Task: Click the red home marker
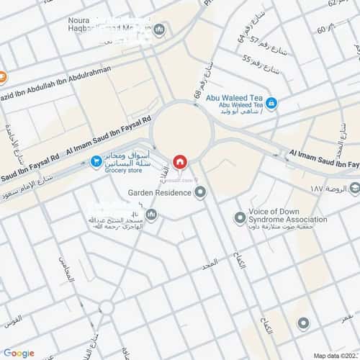point(179,161)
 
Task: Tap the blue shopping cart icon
point(95,162)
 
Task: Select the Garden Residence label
point(161,193)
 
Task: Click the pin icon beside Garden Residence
point(200,192)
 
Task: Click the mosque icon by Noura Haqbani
point(159,30)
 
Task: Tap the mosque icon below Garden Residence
point(151,214)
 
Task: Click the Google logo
point(18,353)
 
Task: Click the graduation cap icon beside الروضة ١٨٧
point(354,190)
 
